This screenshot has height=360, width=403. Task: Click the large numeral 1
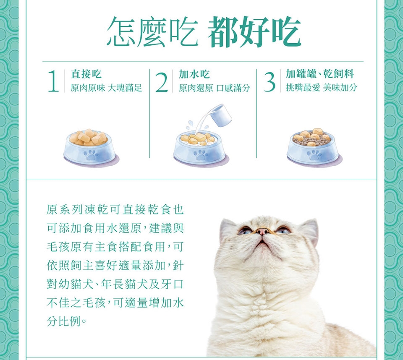pos(54,81)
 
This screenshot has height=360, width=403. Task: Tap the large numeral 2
pos(162,81)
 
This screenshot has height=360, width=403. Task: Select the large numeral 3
pos(270,81)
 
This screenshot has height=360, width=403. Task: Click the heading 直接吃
pos(86,74)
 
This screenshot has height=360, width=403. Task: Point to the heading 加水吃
pos(194,74)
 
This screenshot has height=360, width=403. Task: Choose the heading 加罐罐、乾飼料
pos(320,74)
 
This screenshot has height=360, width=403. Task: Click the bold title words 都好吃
pos(254,32)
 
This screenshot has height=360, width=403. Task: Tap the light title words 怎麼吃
pos(152,32)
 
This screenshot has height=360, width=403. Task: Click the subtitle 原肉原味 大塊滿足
pos(106,88)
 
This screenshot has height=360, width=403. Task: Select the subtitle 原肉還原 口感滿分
pos(215,88)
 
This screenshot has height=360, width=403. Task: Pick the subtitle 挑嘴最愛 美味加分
pos(322,88)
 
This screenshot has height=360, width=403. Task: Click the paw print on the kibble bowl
pos(314,154)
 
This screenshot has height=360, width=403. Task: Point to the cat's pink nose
pos(263,232)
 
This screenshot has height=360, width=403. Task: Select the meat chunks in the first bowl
pos(88,137)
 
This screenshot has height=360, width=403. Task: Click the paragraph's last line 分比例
pos(66,321)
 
